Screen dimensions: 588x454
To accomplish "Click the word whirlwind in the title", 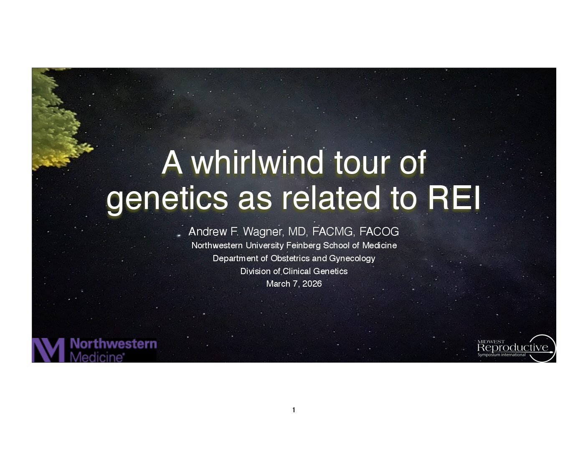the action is pyautogui.click(x=257, y=163).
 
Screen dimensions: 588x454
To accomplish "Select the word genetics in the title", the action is pyautogui.click(x=167, y=200).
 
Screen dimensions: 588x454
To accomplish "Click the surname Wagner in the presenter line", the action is pyautogui.click(x=263, y=232).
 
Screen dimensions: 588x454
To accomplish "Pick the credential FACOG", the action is pyautogui.click(x=379, y=232).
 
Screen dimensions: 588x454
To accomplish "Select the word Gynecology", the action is pyautogui.click(x=352, y=259).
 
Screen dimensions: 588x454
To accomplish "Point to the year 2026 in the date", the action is pyautogui.click(x=312, y=284).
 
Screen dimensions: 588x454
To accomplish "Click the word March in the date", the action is pyautogui.click(x=278, y=284).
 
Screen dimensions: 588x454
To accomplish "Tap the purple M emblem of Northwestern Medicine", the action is pyautogui.click(x=48, y=350).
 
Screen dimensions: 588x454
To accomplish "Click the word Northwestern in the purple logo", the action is pyautogui.click(x=113, y=344).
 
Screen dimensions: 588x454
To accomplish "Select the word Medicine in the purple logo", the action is pyautogui.click(x=96, y=357).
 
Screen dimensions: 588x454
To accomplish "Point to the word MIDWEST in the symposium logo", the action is pyautogui.click(x=491, y=342).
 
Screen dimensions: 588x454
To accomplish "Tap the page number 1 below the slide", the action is pyautogui.click(x=294, y=410).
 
